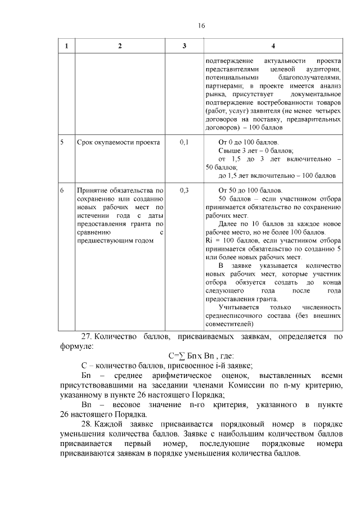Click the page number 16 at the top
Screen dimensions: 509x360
(x=201, y=26)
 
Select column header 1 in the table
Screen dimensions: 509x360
(x=66, y=46)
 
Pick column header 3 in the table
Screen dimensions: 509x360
(x=184, y=46)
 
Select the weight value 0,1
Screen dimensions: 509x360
(x=184, y=143)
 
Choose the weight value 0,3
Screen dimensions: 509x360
(x=184, y=191)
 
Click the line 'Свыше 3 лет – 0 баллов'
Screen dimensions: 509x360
(x=256, y=151)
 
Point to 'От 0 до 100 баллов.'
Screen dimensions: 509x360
(x=248, y=143)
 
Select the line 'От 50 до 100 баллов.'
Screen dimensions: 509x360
(x=250, y=191)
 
